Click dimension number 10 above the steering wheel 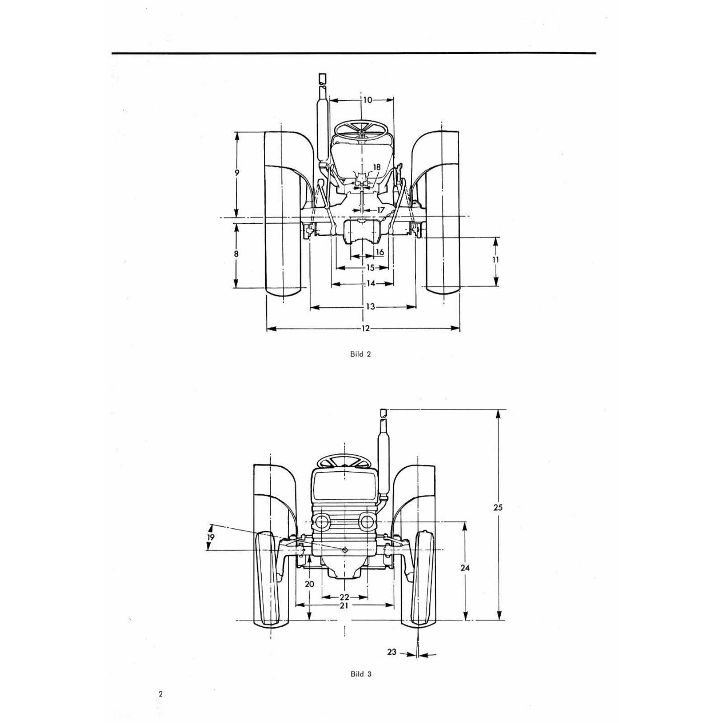click(367, 100)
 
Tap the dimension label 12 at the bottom click(366, 329)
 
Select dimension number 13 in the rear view click(370, 307)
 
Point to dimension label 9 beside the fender click(237, 173)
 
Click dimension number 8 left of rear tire click(236, 254)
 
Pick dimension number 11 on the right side click(496, 259)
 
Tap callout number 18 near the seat click(376, 167)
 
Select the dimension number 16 click(380, 252)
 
